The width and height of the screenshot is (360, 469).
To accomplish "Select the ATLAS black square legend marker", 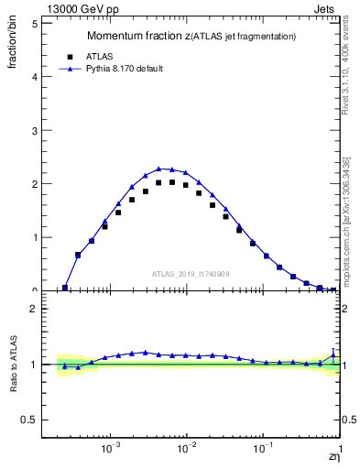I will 70,56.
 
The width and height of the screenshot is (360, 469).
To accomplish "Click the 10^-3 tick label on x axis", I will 111,450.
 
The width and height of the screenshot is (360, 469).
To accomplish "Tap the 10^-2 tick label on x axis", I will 187,450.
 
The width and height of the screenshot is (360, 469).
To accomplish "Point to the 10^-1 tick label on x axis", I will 263,450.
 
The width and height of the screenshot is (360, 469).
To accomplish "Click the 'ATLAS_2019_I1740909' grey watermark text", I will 191,274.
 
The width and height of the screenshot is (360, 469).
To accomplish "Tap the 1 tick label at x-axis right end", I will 340,450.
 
